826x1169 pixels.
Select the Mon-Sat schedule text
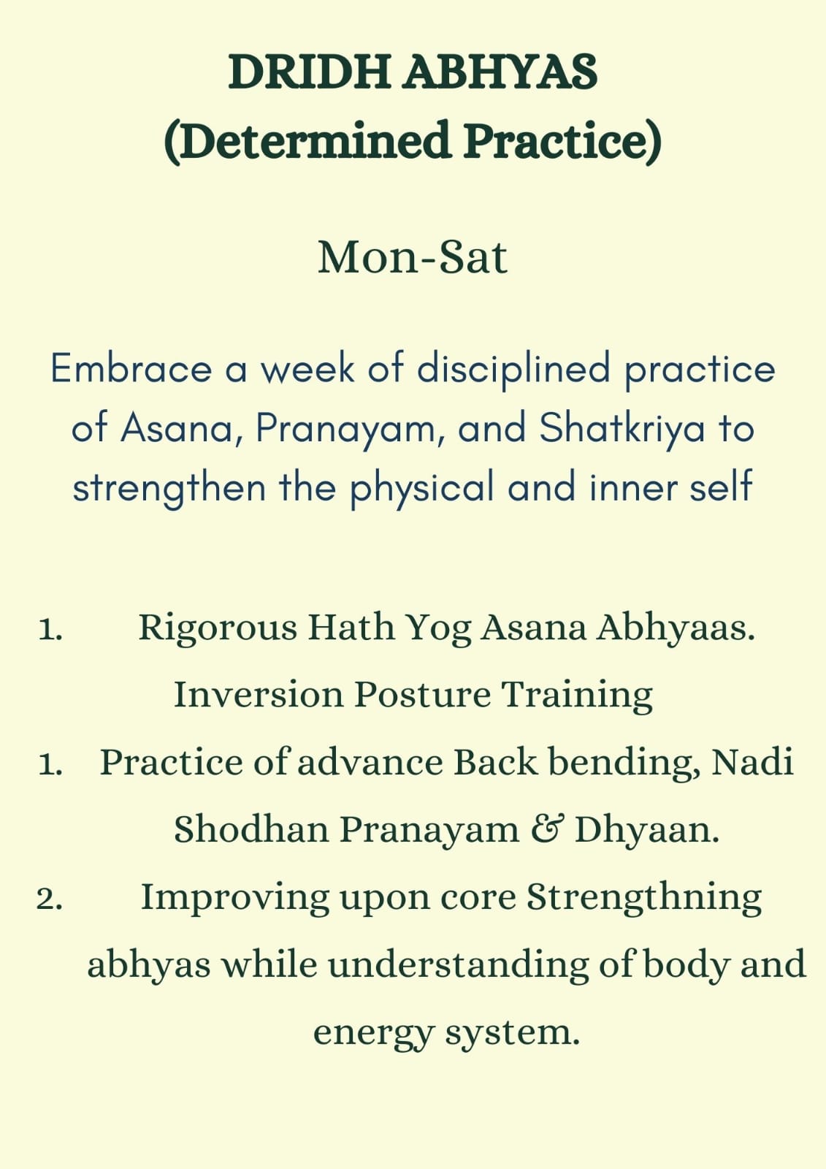(413, 257)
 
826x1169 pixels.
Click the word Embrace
(131, 368)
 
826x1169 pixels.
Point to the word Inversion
(259, 695)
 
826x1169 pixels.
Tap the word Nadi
(753, 762)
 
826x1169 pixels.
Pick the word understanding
(458, 967)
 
